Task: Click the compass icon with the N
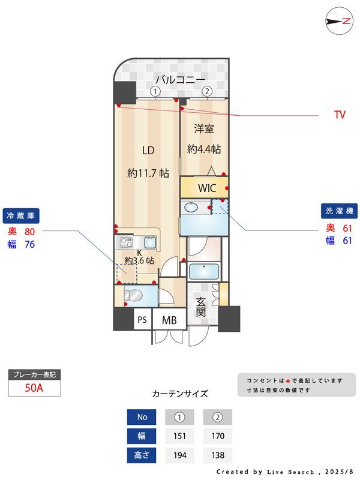339,21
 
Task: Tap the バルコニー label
181,80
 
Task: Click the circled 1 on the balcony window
155,91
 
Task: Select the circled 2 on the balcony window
207,91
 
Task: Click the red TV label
340,115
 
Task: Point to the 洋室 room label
204,129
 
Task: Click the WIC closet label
207,188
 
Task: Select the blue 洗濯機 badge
339,211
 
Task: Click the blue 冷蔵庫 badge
21,216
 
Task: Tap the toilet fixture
133,296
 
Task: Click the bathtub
204,272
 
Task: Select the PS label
142,320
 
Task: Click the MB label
169,320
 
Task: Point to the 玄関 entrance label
201,307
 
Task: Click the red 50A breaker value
34,388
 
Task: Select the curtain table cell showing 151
179,436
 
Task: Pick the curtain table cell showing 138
218,455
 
